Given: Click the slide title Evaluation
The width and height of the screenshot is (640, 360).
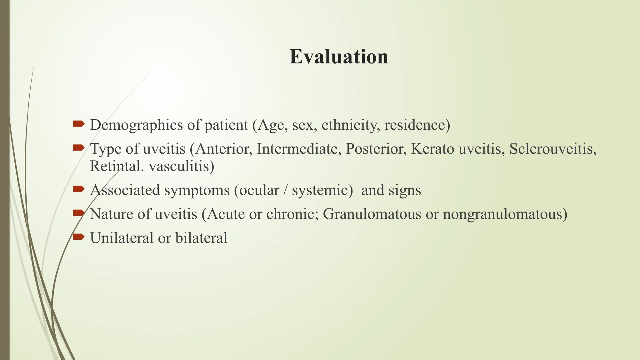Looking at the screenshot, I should point(339,57).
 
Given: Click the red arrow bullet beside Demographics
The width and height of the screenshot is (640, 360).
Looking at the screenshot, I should point(78,124).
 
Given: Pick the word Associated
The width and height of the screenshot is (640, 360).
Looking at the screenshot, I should point(125,190).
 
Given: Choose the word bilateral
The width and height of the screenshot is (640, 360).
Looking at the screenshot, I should point(201,238).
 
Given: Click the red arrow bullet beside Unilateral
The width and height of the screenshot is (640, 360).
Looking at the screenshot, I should point(78,237).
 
